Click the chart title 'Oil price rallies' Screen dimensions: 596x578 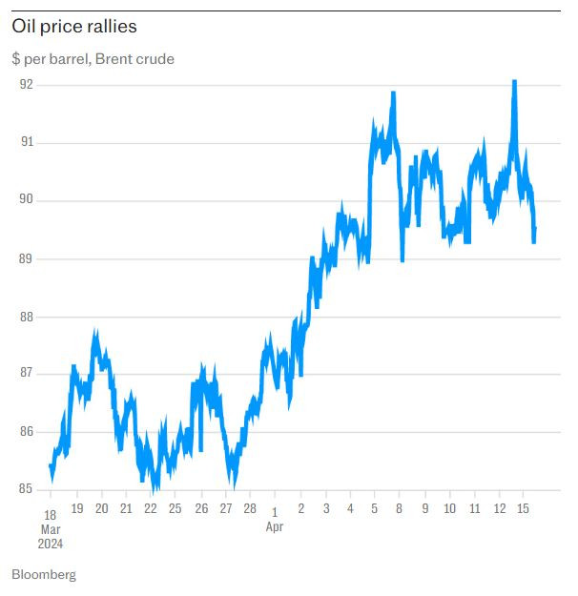74,27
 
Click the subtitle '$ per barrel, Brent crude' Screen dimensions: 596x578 93,59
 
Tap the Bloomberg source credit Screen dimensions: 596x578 44,575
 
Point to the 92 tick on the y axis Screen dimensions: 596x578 26,84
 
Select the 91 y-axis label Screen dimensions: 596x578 26,142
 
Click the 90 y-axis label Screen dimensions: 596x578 26,200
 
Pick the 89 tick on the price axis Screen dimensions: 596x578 26,258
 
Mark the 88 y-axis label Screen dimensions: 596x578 26,317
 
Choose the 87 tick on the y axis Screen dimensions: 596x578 26,374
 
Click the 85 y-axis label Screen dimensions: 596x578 26,490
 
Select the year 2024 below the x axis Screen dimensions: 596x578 51,544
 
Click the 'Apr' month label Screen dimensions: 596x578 275,526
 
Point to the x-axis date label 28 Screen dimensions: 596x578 250,509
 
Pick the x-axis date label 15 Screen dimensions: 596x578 523,509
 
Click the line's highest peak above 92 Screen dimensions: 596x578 515,82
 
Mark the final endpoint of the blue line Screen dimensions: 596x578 535,229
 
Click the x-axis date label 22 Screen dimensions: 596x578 151,509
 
